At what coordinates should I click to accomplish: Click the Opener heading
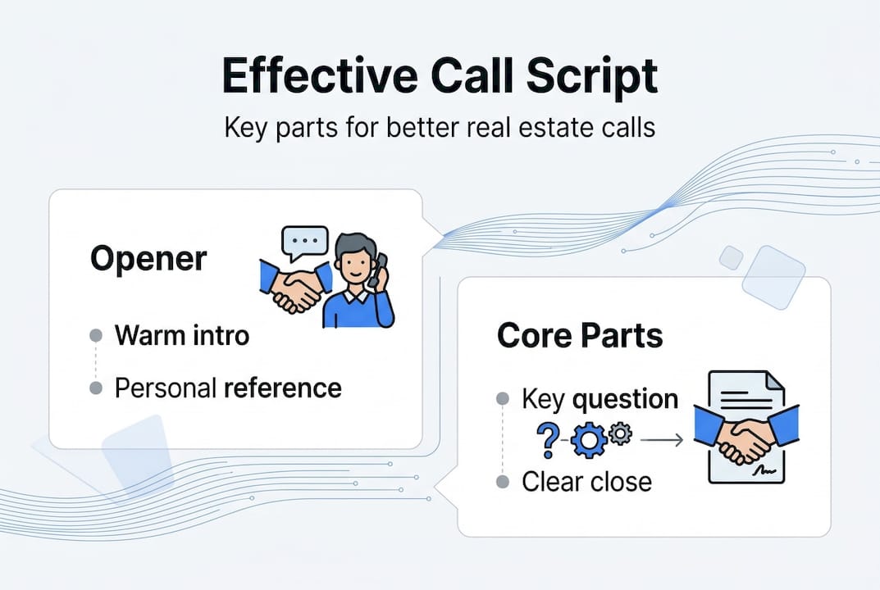pos(148,259)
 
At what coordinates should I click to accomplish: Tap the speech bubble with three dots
pos(303,243)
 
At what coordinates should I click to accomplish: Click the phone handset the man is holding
pos(376,271)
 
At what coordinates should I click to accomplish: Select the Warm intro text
pos(181,335)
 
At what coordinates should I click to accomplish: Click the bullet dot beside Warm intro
pos(96,335)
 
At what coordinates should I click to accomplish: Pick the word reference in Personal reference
pos(284,388)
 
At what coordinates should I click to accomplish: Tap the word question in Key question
pos(625,400)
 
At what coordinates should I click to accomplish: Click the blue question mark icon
pos(545,440)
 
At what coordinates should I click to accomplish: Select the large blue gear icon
pos(588,441)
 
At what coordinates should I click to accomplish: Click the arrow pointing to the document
pos(661,441)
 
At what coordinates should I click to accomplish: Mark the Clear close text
pos(586,481)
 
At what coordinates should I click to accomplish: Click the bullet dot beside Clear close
pos(504,481)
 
